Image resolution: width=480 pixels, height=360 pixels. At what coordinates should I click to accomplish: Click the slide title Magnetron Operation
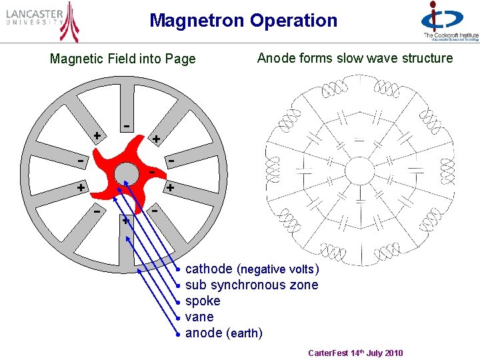click(243, 21)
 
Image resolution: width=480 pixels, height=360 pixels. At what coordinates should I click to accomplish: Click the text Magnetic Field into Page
click(123, 59)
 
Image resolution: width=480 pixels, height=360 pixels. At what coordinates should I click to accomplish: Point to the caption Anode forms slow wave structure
click(355, 58)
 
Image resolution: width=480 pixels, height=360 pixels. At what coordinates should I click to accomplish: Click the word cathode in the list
click(209, 269)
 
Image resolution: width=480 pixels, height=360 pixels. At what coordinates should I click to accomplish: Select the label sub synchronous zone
click(251, 285)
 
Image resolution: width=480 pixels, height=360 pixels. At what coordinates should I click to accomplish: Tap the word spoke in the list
click(203, 301)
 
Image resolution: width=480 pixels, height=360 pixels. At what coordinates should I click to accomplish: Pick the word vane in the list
click(199, 317)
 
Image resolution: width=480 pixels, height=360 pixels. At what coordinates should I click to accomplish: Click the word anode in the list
click(204, 333)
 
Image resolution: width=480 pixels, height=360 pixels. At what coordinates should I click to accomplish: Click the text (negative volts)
click(278, 270)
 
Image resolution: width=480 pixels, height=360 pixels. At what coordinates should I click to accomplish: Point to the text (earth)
click(244, 333)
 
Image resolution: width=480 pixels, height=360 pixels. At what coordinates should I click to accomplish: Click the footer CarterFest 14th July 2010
click(355, 353)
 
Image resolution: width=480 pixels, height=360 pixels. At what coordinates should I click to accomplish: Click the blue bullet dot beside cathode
click(178, 270)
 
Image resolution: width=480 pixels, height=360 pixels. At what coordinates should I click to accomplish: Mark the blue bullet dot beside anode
click(178, 333)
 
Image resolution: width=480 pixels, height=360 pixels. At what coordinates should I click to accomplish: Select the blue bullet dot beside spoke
click(178, 302)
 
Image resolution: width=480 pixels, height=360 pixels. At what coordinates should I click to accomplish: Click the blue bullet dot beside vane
click(178, 318)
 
